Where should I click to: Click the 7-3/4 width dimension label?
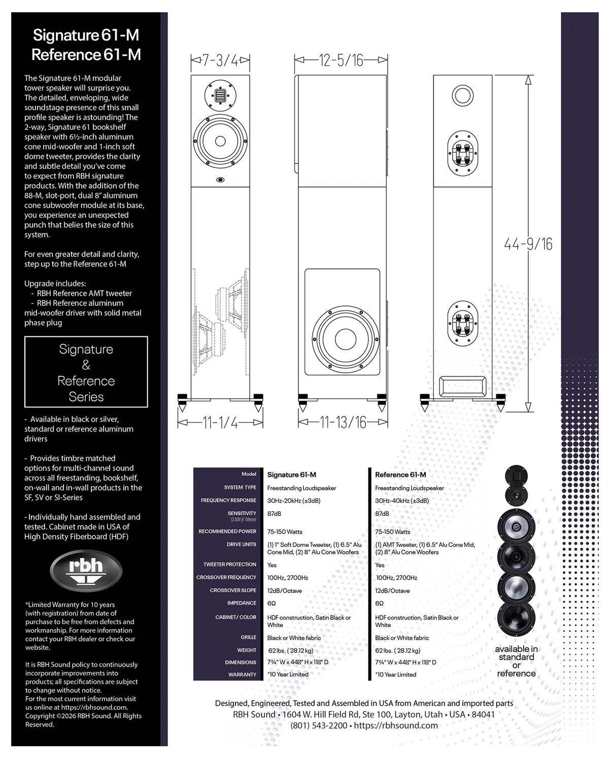220,60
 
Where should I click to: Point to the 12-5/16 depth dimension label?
341,60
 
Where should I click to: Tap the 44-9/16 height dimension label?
528,244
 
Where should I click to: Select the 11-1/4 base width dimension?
220,423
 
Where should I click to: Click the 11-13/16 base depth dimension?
343,423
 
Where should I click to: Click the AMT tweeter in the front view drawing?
220,95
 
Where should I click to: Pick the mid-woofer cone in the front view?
220,141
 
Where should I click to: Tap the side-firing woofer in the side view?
345,339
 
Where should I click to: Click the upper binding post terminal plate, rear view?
462,154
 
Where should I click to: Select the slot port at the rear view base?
462,387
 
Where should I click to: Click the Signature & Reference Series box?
86,372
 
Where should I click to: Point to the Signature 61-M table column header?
292,475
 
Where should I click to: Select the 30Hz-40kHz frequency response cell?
402,501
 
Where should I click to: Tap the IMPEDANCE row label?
242,603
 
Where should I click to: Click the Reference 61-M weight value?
398,651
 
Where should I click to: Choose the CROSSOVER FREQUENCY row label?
226,577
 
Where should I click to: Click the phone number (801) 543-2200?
319,725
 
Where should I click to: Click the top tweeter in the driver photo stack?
516,476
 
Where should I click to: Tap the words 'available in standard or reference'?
516,661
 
